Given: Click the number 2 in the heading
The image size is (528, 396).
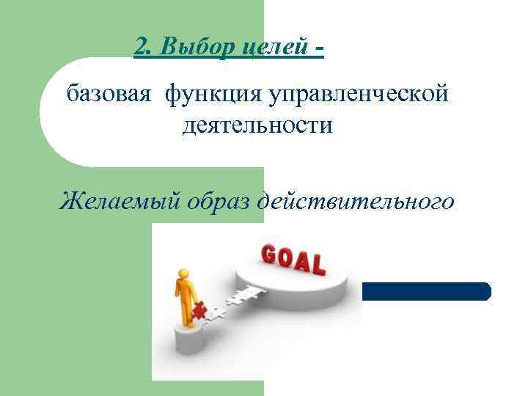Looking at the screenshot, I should tap(141, 48).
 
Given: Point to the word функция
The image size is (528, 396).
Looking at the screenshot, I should tap(214, 95).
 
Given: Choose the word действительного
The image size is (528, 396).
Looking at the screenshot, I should tap(356, 199).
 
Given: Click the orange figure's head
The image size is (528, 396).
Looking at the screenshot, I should tap(180, 276).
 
